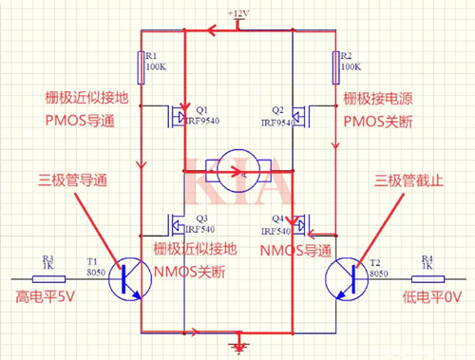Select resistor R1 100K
pyautogui.click(x=141, y=67)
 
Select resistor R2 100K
pyautogui.click(x=334, y=67)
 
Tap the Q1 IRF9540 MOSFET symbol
pyautogui.click(x=176, y=118)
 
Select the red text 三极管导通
pyautogui.click(x=74, y=179)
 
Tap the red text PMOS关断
pyautogui.click(x=389, y=121)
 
